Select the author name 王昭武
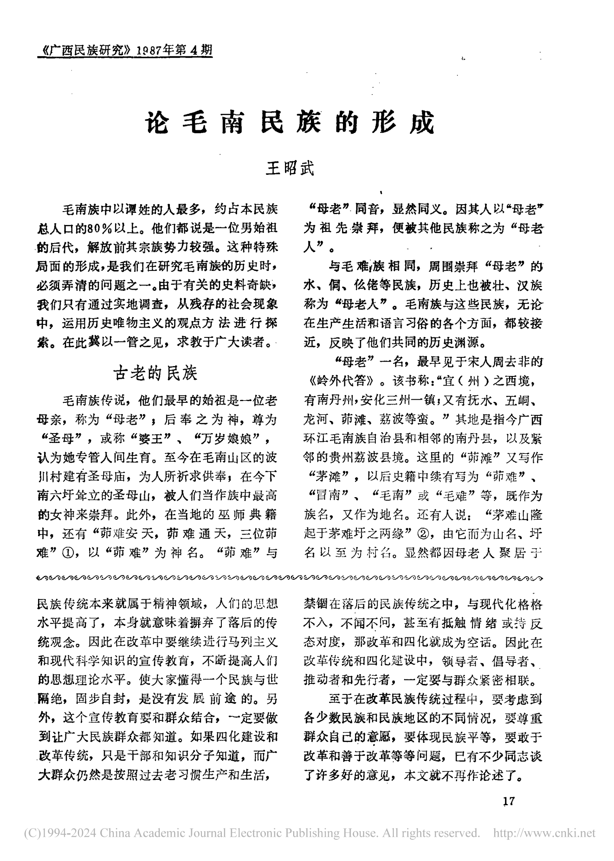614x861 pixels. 290,168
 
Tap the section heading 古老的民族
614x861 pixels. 155,373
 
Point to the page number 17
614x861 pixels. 509,801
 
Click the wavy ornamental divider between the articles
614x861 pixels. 290,578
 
